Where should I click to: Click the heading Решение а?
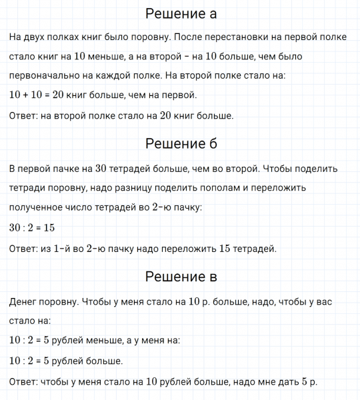pyautogui.click(x=181, y=15)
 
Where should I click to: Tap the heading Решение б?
pyautogui.click(x=181, y=144)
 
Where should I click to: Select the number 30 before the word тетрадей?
pyautogui.click(x=102, y=168)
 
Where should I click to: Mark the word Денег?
pyautogui.click(x=25, y=301)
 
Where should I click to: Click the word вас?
pyautogui.click(x=321, y=301)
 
